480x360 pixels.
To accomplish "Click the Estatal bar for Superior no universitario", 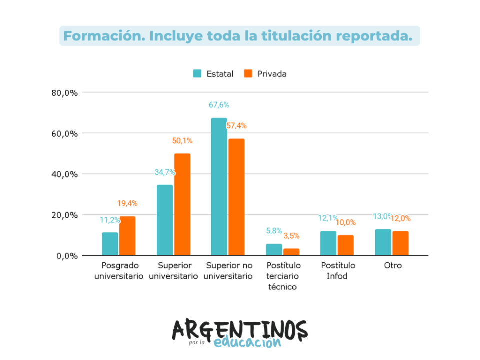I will click(219, 187).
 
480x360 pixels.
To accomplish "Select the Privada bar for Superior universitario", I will click(182, 204).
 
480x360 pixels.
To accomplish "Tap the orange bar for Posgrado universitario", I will click(127, 236).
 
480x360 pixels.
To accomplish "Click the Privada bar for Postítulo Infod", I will click(346, 245).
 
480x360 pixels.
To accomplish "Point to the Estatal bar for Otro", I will click(383, 242).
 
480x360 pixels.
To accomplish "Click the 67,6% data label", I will click(219, 105).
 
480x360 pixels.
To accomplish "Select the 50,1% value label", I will click(182, 141).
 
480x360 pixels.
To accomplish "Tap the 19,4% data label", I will click(127, 203).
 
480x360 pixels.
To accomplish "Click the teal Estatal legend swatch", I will click(197, 74).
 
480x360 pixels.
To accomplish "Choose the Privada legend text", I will click(272, 74).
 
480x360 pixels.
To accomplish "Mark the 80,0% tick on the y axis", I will click(65, 93).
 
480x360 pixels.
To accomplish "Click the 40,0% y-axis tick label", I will click(65, 174).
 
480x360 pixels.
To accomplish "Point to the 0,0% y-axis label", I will click(67, 256).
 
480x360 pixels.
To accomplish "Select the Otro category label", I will click(393, 265).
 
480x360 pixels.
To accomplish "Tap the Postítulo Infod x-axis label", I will click(337, 270).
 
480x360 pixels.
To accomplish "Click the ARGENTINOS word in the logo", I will click(239, 330).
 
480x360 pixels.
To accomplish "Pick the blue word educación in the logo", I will click(247, 343).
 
